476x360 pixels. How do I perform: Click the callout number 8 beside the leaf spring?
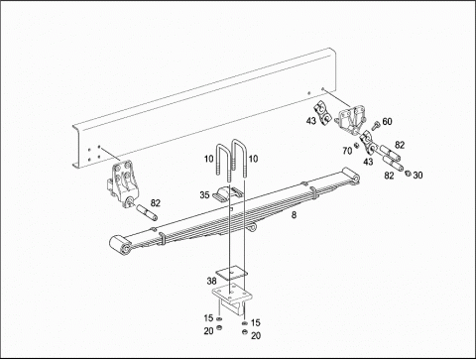[294, 215]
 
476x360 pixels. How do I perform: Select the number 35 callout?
[204, 195]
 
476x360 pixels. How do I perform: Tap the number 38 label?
[211, 281]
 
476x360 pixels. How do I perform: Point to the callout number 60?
[387, 122]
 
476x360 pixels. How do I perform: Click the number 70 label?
[347, 151]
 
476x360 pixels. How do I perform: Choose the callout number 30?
[417, 176]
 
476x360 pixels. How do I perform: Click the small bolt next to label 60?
[376, 126]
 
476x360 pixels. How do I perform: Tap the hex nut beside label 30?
[408, 173]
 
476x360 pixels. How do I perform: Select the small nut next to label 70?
[356, 145]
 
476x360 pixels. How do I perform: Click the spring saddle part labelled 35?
[228, 193]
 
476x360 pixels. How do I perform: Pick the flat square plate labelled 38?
[232, 272]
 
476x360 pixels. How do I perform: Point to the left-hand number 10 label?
[208, 159]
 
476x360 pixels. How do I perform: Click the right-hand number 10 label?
[253, 159]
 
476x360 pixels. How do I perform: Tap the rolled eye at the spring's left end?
[120, 245]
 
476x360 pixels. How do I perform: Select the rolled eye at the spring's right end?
[351, 176]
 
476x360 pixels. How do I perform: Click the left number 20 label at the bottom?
[208, 331]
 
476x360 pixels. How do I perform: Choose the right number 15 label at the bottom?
[256, 322]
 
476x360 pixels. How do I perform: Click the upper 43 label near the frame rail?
[311, 121]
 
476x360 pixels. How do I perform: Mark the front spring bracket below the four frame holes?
[123, 183]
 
